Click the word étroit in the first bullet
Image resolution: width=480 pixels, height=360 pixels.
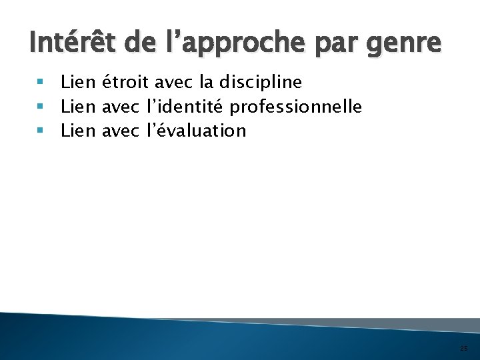pyautogui.click(x=125, y=83)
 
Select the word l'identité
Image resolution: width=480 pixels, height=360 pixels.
pyautogui.click(x=183, y=107)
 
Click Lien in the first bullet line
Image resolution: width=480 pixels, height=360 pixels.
pyautogui.click(x=78, y=83)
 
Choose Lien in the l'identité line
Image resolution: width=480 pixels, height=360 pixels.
pyautogui.click(x=78, y=107)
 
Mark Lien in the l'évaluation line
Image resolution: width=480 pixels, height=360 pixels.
pyautogui.click(x=78, y=131)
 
